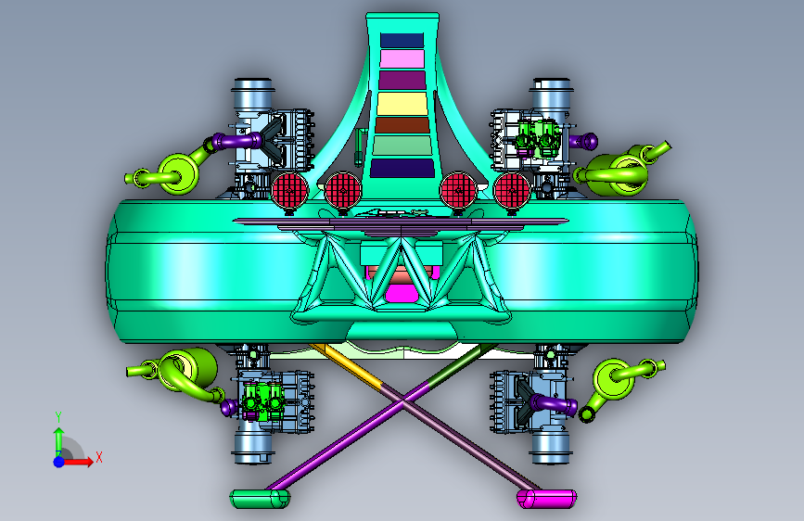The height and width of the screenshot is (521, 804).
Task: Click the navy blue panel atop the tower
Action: tap(402, 40)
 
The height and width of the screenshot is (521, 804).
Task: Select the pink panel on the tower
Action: tap(402, 58)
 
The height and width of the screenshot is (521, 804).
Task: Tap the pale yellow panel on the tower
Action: tap(402, 103)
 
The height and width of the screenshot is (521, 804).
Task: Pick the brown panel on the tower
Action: tap(402, 125)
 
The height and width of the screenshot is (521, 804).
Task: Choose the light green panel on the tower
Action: tap(402, 146)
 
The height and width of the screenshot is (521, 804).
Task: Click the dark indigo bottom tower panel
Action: tap(402, 168)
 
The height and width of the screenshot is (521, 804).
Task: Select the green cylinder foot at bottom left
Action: tap(260, 499)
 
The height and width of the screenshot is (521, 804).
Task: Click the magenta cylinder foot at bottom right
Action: tap(546, 499)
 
